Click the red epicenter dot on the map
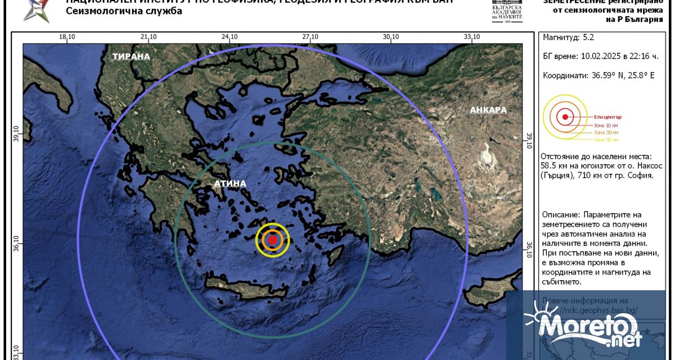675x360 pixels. pyautogui.click(x=272, y=240)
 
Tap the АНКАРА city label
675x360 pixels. pyautogui.click(x=488, y=110)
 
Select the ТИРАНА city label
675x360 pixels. pyautogui.click(x=131, y=56)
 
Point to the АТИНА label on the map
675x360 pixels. pyautogui.click(x=229, y=183)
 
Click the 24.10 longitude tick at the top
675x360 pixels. pyautogui.click(x=229, y=37)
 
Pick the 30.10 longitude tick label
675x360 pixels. pyautogui.click(x=391, y=37)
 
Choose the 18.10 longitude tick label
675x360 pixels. pyautogui.click(x=67, y=37)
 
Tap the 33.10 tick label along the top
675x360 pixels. pyautogui.click(x=472, y=37)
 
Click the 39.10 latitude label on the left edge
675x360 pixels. pyautogui.click(x=16, y=135)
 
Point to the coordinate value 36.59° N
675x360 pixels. pyautogui.click(x=605, y=75)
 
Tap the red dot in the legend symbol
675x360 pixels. pyautogui.click(x=565, y=118)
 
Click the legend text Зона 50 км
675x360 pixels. pyautogui.click(x=606, y=139)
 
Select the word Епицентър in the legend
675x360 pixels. pyautogui.click(x=607, y=116)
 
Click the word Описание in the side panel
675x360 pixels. pyautogui.click(x=560, y=215)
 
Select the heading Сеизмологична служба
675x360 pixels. pyautogui.click(x=124, y=11)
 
